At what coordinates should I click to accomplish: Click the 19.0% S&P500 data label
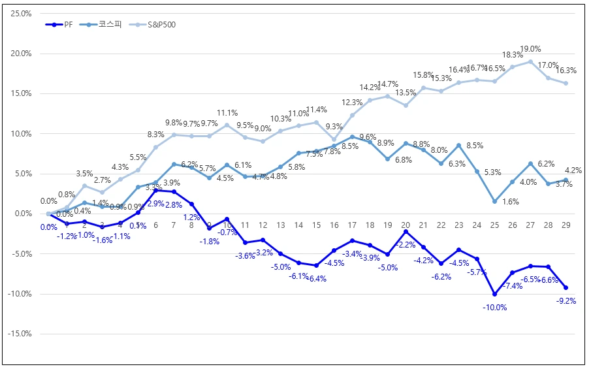coord(530,49)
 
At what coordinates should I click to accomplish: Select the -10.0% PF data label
coord(494,307)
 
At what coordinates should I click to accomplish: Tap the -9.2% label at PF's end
coord(566,301)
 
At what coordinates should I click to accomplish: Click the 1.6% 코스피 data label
coord(511,202)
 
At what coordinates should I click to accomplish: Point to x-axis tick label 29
coord(566,225)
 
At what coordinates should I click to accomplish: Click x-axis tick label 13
coord(281,225)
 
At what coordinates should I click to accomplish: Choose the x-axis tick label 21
coord(423,225)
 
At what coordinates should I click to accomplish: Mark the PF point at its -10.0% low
coord(494,294)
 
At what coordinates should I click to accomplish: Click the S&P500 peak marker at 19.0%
coord(530,61)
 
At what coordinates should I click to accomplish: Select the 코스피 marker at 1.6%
coord(494,201)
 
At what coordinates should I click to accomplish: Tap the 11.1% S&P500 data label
coord(227,112)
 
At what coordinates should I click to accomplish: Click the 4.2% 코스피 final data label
coord(573,171)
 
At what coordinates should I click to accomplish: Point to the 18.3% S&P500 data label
coord(513,55)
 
